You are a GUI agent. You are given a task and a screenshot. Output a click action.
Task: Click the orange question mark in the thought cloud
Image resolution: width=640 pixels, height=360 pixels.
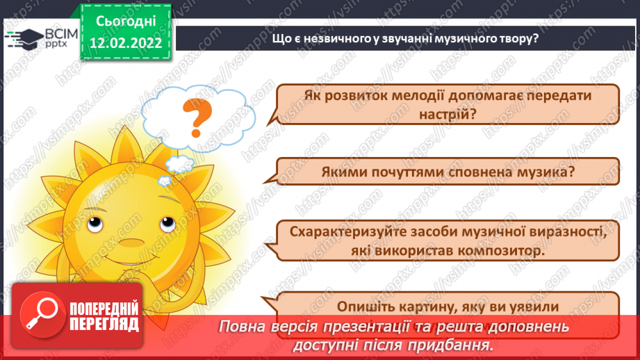point(197,117)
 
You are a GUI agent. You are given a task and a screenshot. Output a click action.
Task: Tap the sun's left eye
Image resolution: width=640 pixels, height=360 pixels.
point(95,224)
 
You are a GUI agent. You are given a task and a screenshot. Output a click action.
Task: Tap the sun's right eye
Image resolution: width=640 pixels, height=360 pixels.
point(167,224)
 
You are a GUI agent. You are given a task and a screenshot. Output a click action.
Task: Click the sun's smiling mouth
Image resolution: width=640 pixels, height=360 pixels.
point(131,260)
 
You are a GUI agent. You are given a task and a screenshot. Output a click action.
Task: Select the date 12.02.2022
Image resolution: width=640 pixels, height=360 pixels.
point(125,43)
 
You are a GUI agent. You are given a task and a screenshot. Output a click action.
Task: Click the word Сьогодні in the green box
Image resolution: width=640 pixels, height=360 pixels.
point(126,22)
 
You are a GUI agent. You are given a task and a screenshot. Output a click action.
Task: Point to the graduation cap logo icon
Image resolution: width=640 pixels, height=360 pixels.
point(24,39)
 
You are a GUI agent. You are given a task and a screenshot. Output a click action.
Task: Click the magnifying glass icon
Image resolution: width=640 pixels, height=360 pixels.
point(42,314)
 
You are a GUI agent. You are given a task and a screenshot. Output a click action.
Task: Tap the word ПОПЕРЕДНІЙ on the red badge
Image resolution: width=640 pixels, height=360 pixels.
point(104,309)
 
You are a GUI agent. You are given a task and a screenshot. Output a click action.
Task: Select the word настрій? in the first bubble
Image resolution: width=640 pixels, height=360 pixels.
point(448,114)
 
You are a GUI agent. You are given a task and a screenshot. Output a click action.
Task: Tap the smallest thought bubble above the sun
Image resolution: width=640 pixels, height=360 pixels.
point(164,181)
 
